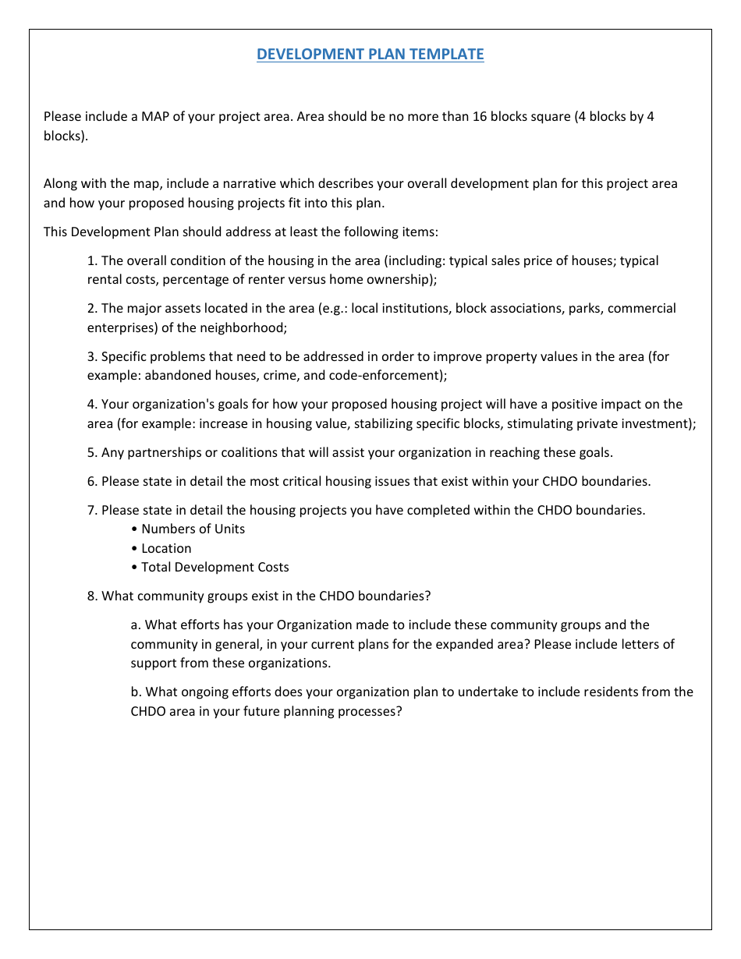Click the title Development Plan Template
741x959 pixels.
[370, 54]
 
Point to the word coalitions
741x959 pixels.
[257, 452]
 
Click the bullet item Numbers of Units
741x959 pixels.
[193, 529]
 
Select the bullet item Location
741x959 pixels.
[166, 548]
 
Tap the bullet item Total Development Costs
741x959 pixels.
[214, 567]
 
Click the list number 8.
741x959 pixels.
[92, 596]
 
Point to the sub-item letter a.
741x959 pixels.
[136, 625]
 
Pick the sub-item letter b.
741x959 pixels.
[136, 692]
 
